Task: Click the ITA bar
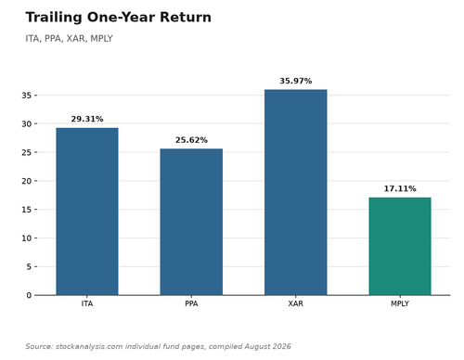click(x=87, y=212)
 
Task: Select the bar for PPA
click(x=191, y=222)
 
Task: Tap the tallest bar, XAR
click(x=296, y=192)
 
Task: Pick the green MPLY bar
click(x=400, y=246)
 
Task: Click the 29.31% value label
click(x=87, y=119)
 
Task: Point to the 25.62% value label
click(x=191, y=140)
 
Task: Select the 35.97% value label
click(x=296, y=81)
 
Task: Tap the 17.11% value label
click(x=400, y=188)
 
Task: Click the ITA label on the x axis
click(x=87, y=303)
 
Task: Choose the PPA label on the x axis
click(x=191, y=303)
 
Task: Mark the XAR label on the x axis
click(x=296, y=303)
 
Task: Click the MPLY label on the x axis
click(x=400, y=303)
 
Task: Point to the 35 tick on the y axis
click(x=27, y=96)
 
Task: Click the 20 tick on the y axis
click(x=27, y=181)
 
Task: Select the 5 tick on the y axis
click(x=29, y=266)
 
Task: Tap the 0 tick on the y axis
click(x=29, y=295)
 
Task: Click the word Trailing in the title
click(x=54, y=18)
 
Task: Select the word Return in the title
click(x=186, y=17)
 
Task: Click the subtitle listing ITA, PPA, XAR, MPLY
click(x=69, y=39)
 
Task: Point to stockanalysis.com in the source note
click(x=89, y=346)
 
